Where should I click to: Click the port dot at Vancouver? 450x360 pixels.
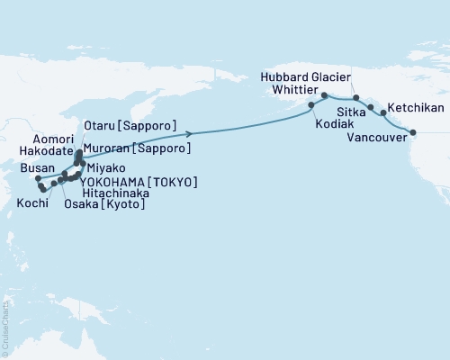click(x=413, y=133)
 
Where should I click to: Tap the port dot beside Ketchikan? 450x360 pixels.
click(x=384, y=113)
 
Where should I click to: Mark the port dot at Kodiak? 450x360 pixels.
click(x=311, y=105)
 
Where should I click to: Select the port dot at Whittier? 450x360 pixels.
click(x=323, y=94)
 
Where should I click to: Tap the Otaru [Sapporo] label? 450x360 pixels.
click(x=129, y=124)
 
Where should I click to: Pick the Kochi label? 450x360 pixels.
click(x=33, y=203)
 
